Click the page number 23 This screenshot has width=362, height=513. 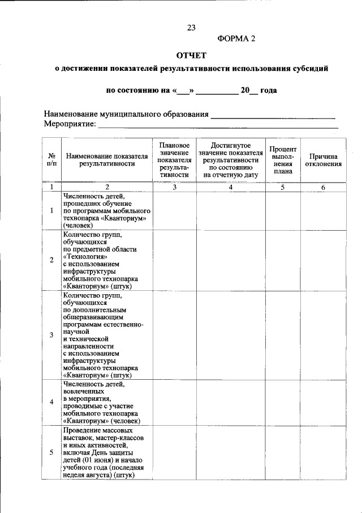pos(191,27)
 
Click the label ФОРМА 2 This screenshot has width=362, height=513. pos(236,39)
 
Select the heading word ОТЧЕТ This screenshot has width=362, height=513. pos(192,56)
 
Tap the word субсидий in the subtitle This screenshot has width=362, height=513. pos(310,69)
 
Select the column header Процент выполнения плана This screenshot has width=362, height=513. pos(283,160)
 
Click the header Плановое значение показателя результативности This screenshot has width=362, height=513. pos(174,160)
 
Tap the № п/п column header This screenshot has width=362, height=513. pos(51,160)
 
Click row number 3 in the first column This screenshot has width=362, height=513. pos(51,335)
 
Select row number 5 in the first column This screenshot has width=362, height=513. pos(51,452)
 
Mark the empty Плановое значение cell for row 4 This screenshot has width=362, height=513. pos(174,402)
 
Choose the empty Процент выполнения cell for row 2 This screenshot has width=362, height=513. pos(283,260)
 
